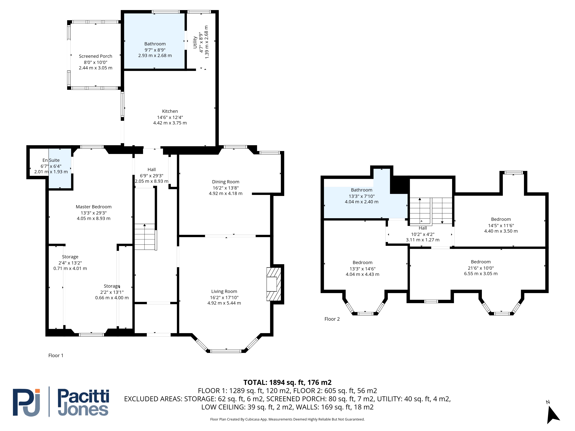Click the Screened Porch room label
95,56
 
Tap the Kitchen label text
170,111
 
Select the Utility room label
195,42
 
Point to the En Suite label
51,160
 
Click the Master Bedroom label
94,207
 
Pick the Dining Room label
226,182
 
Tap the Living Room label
224,291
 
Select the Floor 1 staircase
145,237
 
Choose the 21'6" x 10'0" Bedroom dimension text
481,268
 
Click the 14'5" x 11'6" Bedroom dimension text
501,226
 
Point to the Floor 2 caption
332,319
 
